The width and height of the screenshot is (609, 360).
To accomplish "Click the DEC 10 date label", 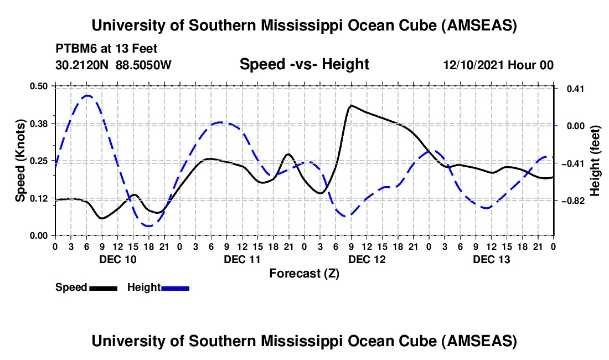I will (x=118, y=259).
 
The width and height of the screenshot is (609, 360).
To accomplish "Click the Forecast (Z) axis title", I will (x=304, y=273).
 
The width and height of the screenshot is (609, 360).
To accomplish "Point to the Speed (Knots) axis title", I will (x=20, y=160).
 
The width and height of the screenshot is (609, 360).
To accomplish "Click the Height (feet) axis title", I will (x=595, y=160).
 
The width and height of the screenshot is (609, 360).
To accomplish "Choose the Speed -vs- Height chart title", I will (x=304, y=64).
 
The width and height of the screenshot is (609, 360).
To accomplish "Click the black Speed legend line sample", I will (x=103, y=288).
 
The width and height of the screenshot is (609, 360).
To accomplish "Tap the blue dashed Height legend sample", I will (x=176, y=288).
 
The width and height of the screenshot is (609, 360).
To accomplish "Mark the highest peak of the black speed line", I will (x=350, y=105).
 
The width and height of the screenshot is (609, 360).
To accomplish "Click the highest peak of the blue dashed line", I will (x=87, y=95).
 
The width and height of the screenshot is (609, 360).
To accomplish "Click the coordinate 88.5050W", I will (x=144, y=65).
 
